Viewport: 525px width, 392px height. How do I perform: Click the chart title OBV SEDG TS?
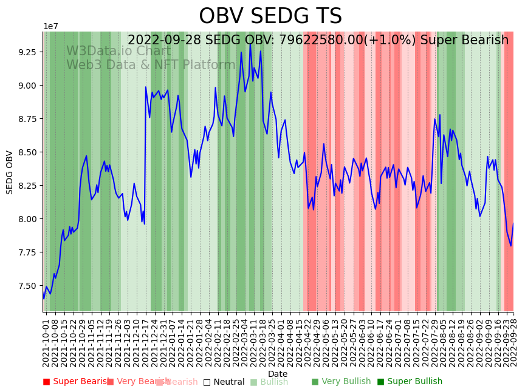[270, 16]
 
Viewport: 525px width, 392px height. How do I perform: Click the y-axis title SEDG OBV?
[10, 172]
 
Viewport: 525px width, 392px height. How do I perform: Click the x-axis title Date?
[278, 374]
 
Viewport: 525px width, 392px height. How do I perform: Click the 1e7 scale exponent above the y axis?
[50, 27]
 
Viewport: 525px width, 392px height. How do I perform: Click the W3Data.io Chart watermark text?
[118, 52]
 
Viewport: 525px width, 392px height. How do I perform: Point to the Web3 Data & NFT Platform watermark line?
[151, 65]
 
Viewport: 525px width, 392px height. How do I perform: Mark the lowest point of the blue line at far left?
[44, 299]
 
